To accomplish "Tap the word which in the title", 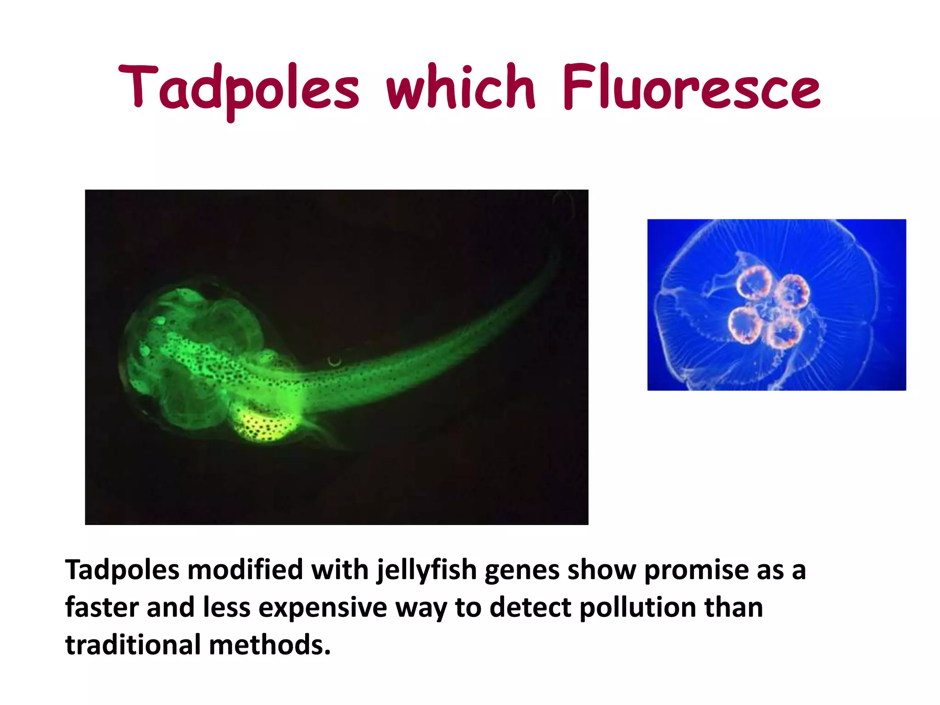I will point(461,87).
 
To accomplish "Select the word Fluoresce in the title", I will point(691,87).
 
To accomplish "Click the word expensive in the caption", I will point(323,609).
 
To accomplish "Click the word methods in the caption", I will point(269,645).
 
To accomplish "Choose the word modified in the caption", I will point(245,570).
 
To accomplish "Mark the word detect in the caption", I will point(531,608).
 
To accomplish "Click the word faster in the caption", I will point(102,608).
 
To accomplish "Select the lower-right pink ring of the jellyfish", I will point(784,331).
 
